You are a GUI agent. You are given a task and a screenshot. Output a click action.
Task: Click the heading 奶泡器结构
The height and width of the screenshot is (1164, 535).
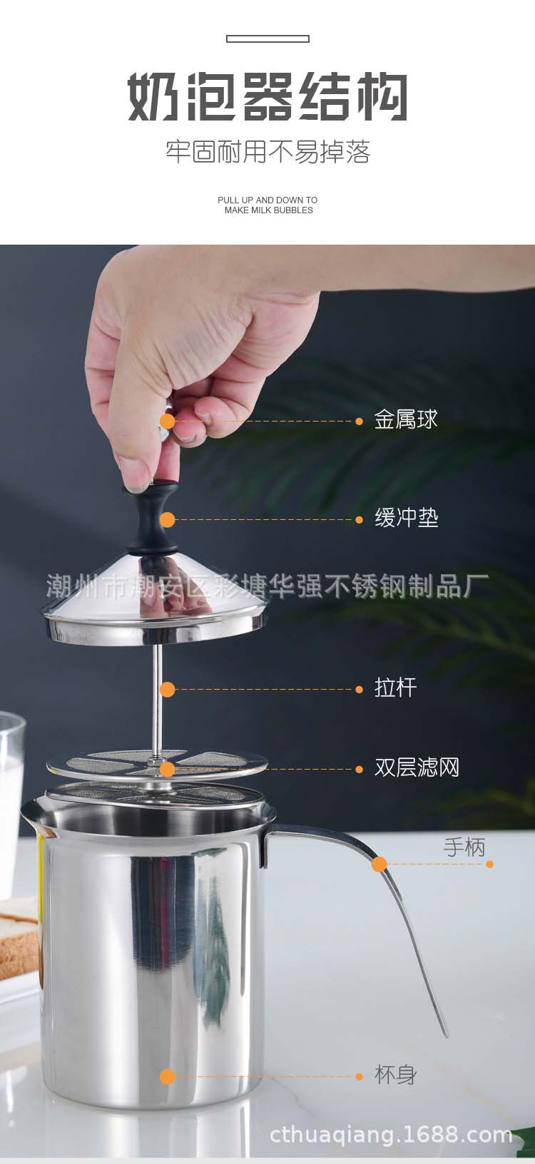click(267, 97)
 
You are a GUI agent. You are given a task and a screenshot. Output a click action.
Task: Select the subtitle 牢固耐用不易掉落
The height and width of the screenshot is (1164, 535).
click(267, 152)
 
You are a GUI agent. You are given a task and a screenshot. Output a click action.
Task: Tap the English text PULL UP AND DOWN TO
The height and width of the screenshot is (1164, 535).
click(267, 200)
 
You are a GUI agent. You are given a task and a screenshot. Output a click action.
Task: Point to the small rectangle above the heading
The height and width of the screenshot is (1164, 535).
click(267, 39)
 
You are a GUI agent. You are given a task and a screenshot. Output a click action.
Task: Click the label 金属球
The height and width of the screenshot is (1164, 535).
click(406, 419)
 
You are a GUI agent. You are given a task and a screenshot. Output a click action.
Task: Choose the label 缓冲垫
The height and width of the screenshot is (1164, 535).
click(407, 518)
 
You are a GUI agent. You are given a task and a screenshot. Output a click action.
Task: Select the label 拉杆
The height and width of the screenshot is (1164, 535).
click(396, 688)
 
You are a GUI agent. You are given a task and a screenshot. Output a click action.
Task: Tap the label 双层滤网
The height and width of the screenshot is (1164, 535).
click(417, 767)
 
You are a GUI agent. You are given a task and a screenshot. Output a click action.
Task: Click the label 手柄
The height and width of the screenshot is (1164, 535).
click(464, 847)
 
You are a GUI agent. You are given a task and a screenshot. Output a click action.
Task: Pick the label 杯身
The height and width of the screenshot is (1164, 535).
click(396, 1075)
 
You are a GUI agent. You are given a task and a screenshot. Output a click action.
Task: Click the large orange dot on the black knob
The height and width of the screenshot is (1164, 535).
click(168, 520)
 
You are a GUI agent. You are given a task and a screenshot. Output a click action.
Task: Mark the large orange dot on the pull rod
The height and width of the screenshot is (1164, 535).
click(168, 690)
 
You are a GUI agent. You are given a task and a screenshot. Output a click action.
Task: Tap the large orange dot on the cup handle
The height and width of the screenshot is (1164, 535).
click(379, 864)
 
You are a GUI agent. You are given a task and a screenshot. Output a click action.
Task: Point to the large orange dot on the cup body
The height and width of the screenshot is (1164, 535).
click(168, 1077)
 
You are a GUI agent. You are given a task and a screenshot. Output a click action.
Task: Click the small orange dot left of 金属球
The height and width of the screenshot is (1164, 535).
click(359, 422)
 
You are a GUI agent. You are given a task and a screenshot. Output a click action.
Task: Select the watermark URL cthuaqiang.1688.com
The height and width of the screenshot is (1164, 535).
click(391, 1135)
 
